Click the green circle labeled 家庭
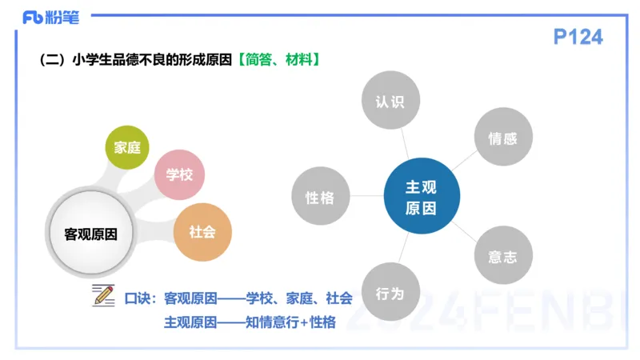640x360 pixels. (128, 149)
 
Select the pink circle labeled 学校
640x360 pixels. (179, 174)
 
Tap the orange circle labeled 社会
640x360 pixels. (202, 232)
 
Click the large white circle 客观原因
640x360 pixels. (90, 234)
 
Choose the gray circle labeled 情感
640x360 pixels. (502, 138)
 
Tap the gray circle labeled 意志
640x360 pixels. (502, 257)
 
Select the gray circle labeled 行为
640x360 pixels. (390, 294)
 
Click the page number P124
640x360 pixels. (578, 37)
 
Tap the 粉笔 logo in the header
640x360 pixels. (55, 16)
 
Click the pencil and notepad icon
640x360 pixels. (104, 295)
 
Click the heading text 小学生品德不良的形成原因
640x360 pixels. (151, 60)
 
